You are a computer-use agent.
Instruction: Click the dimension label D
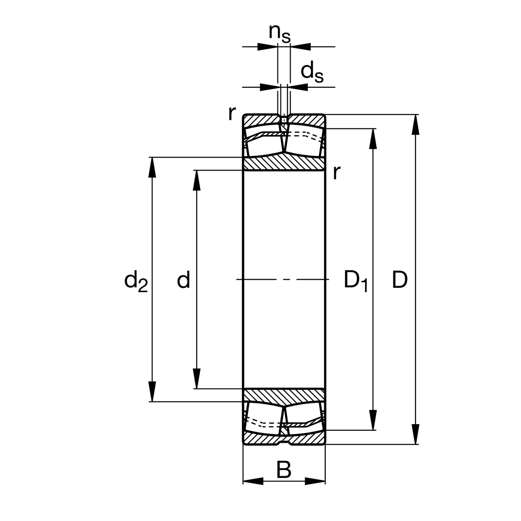400,280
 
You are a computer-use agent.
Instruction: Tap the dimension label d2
136,281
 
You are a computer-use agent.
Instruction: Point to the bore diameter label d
184,280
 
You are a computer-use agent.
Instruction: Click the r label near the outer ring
232,113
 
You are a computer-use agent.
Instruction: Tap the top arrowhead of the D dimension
416,124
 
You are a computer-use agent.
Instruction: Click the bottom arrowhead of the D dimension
416,435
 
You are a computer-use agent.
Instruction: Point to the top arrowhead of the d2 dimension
152,167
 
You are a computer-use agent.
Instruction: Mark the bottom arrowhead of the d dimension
197,379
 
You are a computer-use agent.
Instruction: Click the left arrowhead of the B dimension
253,481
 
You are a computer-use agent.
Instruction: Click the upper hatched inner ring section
284,164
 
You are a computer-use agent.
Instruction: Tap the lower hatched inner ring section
284,396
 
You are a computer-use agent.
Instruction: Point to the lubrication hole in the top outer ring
284,119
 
